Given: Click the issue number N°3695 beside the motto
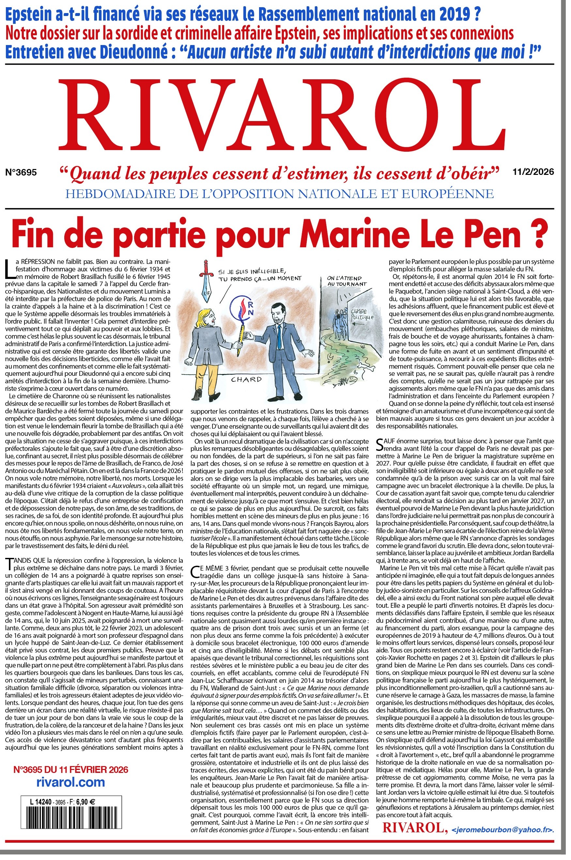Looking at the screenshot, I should coord(21,172).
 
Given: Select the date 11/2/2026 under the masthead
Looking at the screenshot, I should coord(533,172).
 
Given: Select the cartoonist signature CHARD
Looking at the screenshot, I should coord(247,379).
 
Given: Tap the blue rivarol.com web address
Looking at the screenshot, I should coord(71,783).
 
